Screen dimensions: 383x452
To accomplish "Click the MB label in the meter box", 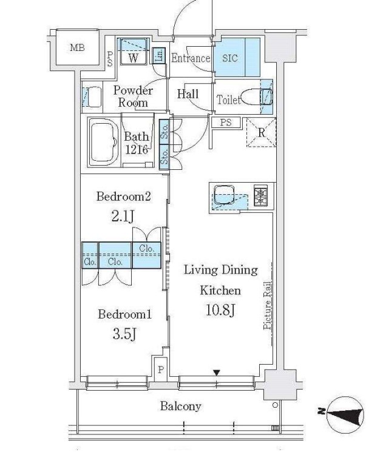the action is pyautogui.click(x=77, y=47).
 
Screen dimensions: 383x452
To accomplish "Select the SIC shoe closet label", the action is pyautogui.click(x=230, y=58).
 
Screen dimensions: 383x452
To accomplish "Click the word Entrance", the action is pyautogui.click(x=191, y=58).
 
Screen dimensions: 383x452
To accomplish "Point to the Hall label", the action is pyautogui.click(x=188, y=94).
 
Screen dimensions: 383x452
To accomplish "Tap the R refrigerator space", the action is pyautogui.click(x=261, y=133).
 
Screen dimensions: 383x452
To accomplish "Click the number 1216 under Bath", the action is pyautogui.click(x=136, y=149).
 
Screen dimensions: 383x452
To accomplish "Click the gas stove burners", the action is pyautogui.click(x=261, y=195).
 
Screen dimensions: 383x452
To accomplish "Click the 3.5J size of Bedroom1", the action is pyautogui.click(x=124, y=334).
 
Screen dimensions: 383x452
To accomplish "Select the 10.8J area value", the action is pyautogui.click(x=220, y=309).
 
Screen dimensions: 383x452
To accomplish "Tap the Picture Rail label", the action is pyautogui.click(x=267, y=305).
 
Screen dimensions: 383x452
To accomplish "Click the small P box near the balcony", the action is pyautogui.click(x=161, y=369).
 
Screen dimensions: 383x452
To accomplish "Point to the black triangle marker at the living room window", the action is pyautogui.click(x=217, y=373).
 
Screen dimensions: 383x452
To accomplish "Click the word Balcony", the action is pyautogui.click(x=180, y=406).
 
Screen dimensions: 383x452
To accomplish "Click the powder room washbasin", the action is pyautogui.click(x=92, y=96).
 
